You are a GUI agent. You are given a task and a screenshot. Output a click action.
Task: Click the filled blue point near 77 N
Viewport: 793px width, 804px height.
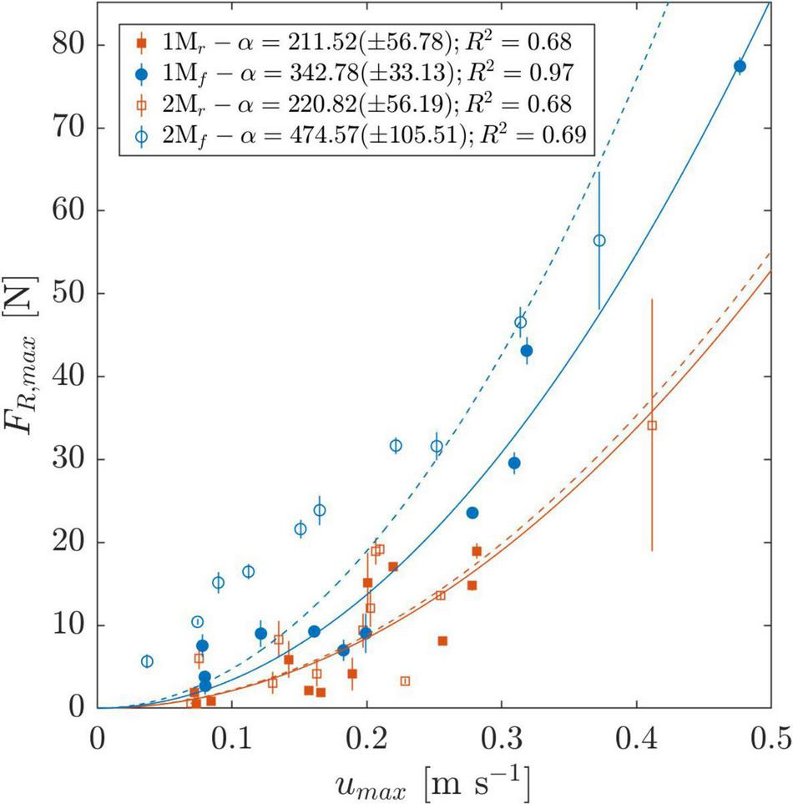740,66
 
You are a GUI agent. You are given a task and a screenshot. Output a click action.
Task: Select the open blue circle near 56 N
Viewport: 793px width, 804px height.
599,240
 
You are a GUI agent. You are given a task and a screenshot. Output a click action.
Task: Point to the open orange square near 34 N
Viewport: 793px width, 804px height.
652,425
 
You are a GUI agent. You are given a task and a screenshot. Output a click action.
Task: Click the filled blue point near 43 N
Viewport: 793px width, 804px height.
527,351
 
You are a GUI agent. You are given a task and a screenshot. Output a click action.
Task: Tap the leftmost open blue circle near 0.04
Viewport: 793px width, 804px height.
147,661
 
